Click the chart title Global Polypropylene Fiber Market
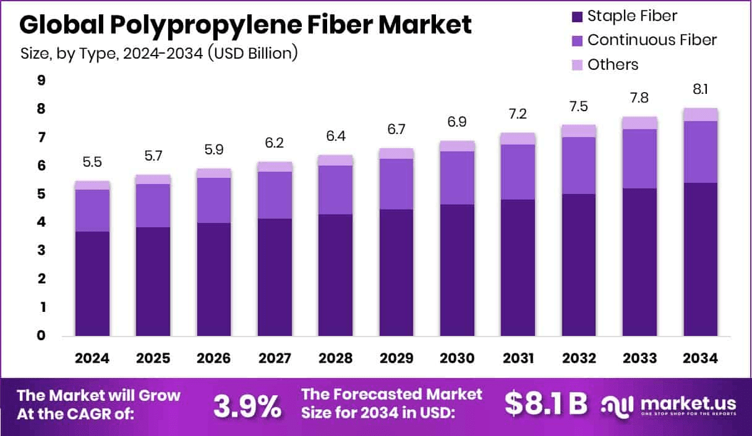pyautogui.click(x=245, y=25)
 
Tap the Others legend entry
pyautogui.click(x=613, y=64)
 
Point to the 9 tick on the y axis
pyautogui.click(x=41, y=80)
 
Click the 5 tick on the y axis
pyautogui.click(x=41, y=194)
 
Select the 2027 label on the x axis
pyautogui.click(x=275, y=359)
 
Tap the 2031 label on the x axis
pyautogui.click(x=518, y=359)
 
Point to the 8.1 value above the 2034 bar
pyautogui.click(x=701, y=90)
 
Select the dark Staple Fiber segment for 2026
pyautogui.click(x=214, y=279)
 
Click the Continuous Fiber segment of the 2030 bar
pyautogui.click(x=457, y=178)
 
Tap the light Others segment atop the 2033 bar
pyautogui.click(x=639, y=123)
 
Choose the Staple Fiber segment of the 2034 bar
pyautogui.click(x=701, y=259)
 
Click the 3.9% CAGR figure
pyautogui.click(x=247, y=406)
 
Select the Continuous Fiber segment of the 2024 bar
pyautogui.click(x=92, y=211)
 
